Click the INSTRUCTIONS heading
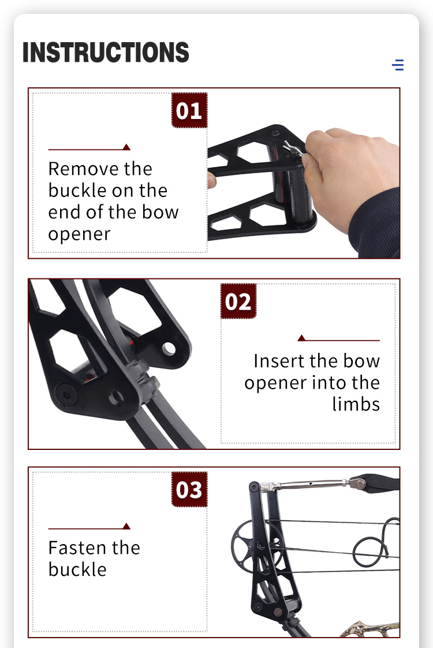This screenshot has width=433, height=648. click(x=106, y=53)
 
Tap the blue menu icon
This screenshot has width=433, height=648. click(x=398, y=65)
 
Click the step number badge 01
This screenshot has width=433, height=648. click(x=189, y=110)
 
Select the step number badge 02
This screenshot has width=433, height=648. click(x=238, y=301)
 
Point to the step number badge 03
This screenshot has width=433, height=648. click(x=189, y=490)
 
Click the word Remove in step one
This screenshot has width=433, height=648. click(x=77, y=169)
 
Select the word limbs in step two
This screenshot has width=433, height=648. click(x=356, y=404)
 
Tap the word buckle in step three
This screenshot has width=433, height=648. click(x=77, y=569)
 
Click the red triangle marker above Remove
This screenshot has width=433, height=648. click(x=126, y=147)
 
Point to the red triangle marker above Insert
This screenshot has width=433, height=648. click(x=301, y=338)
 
